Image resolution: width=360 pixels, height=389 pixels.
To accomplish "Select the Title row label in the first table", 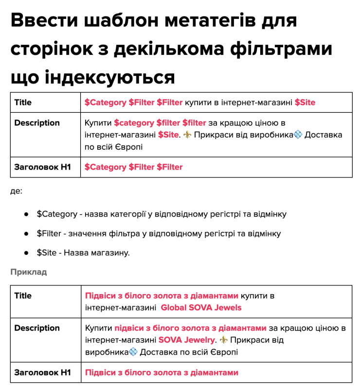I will point(23,102).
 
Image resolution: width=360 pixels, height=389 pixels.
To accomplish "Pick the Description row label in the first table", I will point(37,123).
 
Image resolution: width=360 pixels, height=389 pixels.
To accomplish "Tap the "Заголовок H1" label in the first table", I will point(43,167).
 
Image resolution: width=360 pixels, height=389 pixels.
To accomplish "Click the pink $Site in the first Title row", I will point(305,102).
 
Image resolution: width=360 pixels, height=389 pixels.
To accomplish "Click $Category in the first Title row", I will point(105,102).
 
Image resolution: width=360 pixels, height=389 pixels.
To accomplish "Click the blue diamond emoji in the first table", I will point(298,135).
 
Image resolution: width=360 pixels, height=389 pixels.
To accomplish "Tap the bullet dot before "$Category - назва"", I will point(26,214).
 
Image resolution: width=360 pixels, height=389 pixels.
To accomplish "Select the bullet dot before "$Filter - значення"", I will point(26,233).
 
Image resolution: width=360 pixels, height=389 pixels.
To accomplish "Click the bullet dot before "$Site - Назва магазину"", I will point(26,253).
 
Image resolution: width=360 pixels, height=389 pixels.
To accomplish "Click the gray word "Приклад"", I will point(29,272).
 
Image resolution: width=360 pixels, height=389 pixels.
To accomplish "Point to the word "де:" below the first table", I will point(16,191).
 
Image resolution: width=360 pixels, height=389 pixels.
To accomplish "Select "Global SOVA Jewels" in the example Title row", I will point(201,307).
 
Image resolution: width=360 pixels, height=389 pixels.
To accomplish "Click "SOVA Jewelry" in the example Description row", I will point(186,340).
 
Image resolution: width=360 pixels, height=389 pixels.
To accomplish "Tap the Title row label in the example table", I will point(23,296).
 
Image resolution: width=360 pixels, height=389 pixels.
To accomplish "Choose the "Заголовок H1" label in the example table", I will point(43,372).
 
